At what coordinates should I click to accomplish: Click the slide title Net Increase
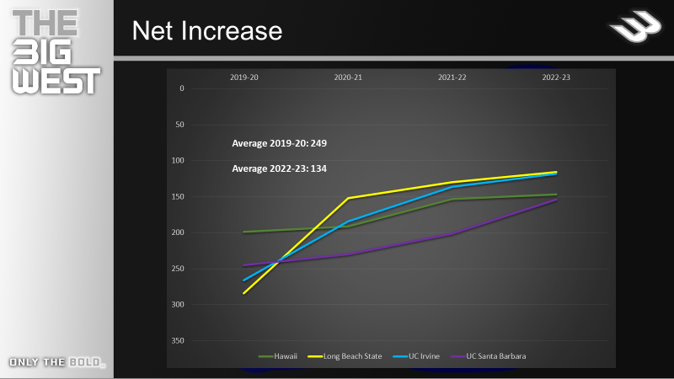[x=206, y=32]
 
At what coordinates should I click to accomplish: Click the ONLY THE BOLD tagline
[x=56, y=363]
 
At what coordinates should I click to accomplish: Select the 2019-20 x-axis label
[x=244, y=77]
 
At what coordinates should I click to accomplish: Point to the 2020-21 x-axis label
[x=348, y=77]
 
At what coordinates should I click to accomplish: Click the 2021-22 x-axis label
[x=452, y=77]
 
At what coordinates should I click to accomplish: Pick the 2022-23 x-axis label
[x=556, y=77]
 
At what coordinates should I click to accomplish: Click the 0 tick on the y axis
[x=181, y=88]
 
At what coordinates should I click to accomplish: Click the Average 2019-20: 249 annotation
[x=279, y=143]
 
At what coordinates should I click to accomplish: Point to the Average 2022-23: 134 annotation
[x=279, y=168]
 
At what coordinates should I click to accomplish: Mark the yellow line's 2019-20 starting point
[x=244, y=293]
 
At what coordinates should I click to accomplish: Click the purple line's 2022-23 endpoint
[x=556, y=200]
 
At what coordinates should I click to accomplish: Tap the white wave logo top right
[x=634, y=31]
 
